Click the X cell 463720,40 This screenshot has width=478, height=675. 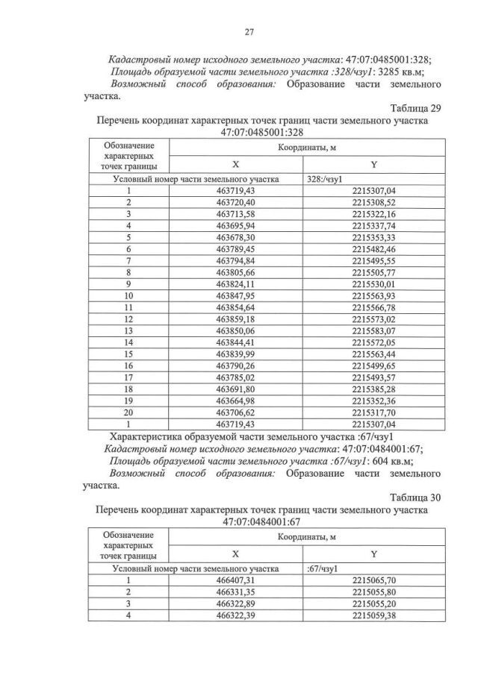point(235,202)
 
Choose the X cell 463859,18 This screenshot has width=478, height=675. point(235,318)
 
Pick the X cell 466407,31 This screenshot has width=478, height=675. point(235,580)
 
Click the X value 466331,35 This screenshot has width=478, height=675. point(235,591)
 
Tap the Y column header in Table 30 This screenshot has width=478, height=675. point(373,553)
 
